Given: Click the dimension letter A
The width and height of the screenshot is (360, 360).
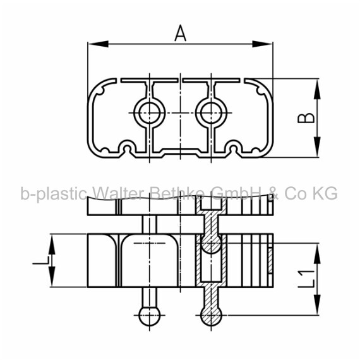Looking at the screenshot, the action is [x=181, y=33].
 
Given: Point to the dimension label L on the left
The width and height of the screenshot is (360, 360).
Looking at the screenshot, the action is [x=41, y=260].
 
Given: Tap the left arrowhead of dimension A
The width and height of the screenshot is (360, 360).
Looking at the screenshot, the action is [x=98, y=44].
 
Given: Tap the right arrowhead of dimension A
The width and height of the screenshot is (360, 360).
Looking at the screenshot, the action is [x=263, y=44].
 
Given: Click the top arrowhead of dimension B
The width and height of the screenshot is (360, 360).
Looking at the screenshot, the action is [x=317, y=89].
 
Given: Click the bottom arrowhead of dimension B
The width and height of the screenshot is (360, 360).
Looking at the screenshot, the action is [x=317, y=147].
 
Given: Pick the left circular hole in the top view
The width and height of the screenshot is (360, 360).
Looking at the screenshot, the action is [x=150, y=112].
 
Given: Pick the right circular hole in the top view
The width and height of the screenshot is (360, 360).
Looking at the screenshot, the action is [x=211, y=112].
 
